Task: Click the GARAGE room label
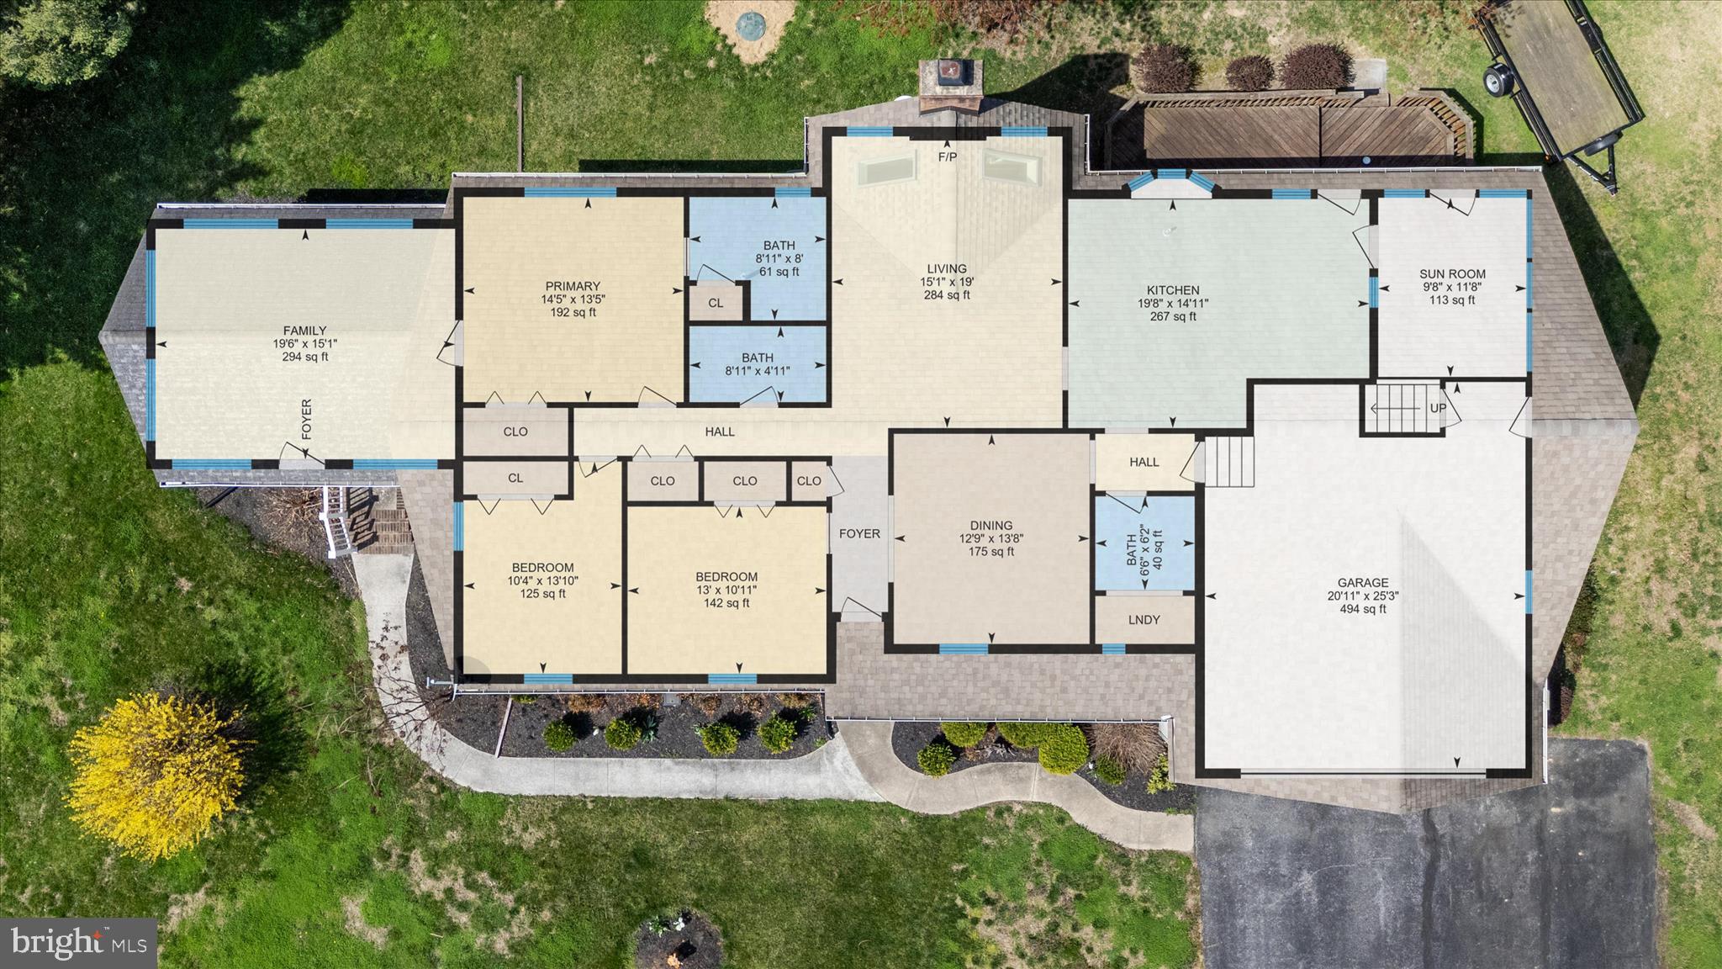pyautogui.click(x=1363, y=582)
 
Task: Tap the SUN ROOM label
pyautogui.click(x=1452, y=273)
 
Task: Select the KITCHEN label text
pyautogui.click(x=1173, y=290)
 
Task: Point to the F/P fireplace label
pyautogui.click(x=947, y=157)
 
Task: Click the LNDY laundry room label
pyautogui.click(x=1144, y=620)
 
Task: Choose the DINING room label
pyautogui.click(x=990, y=525)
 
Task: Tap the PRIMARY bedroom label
pyautogui.click(x=573, y=286)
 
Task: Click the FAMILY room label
pyautogui.click(x=304, y=331)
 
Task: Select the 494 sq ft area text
pyautogui.click(x=1363, y=609)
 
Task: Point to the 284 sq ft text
pyautogui.click(x=947, y=295)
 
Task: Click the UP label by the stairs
pyautogui.click(x=1438, y=409)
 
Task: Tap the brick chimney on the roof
pyautogui.click(x=950, y=86)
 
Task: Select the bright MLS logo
pyautogui.click(x=78, y=941)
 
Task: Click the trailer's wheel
pyautogui.click(x=1492, y=81)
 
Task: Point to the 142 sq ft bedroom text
pyautogui.click(x=726, y=603)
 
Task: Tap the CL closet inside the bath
pyautogui.click(x=716, y=303)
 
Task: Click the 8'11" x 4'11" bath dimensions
pyautogui.click(x=758, y=371)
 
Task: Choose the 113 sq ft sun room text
pyautogui.click(x=1452, y=300)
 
